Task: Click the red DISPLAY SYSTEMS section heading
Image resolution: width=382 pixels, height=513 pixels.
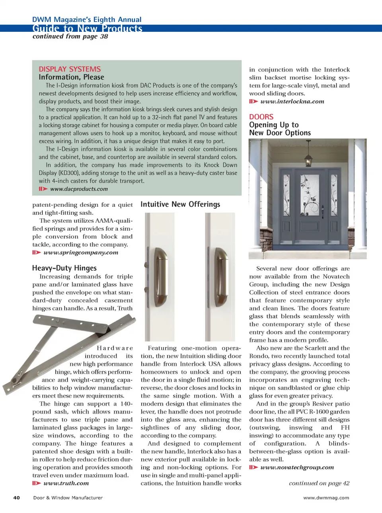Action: pyautogui.click(x=70, y=69)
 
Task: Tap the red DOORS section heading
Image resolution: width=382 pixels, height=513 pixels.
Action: pyautogui.click(x=261, y=117)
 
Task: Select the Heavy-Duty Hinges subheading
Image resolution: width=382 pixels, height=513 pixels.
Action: pyautogui.click(x=64, y=268)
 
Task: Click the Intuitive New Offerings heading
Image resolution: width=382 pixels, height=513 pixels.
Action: pyautogui.click(x=180, y=204)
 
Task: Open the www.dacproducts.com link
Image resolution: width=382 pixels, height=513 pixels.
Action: pyautogui.click(x=79, y=189)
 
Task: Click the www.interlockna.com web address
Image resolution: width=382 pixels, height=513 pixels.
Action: pyautogui.click(x=292, y=101)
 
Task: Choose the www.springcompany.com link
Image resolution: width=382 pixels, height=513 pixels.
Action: pyautogui.click(x=81, y=253)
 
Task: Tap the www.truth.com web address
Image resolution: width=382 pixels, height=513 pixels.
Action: pyautogui.click(x=66, y=483)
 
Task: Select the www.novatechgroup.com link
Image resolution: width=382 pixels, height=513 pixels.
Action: pyautogui.click(x=297, y=467)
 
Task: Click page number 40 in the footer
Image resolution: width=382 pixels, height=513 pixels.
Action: pyautogui.click(x=17, y=497)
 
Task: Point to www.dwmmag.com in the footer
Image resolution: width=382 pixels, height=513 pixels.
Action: pyautogui.click(x=326, y=497)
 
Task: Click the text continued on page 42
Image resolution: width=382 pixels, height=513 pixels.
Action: pyautogui.click(x=319, y=483)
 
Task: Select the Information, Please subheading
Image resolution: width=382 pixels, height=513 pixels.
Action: pyautogui.click(x=71, y=77)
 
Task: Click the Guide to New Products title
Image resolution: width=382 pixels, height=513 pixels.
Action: pyautogui.click(x=87, y=28)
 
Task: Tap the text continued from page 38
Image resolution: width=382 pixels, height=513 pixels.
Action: pyautogui.click(x=70, y=37)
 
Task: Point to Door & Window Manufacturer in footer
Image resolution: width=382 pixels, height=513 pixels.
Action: pyautogui.click(x=68, y=497)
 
